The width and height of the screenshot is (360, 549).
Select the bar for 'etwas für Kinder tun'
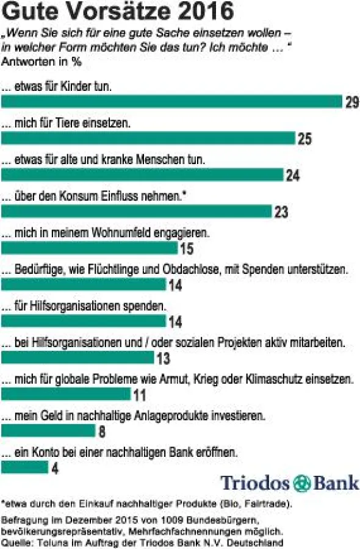point(171,101)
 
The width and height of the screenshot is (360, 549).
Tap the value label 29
point(352,102)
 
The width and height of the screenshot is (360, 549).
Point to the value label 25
point(304,139)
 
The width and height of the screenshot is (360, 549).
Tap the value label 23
point(281,213)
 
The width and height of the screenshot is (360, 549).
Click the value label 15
point(187,249)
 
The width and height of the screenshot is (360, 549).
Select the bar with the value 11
point(66,394)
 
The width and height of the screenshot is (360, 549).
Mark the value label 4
point(56,469)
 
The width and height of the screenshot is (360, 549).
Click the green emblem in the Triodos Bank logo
point(301,483)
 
